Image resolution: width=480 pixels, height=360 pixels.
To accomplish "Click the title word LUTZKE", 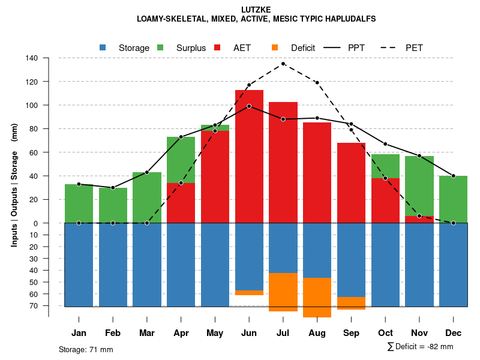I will tap(257, 10).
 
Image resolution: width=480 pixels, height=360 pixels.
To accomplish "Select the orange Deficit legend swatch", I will tap(275, 47).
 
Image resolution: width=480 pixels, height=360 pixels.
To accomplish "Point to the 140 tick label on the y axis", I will tap(32, 58).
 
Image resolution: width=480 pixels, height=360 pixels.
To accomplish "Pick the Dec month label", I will tap(454, 333).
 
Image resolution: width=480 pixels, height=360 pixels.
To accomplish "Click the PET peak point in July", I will tap(283, 64).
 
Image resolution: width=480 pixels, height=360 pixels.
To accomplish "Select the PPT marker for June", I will tap(249, 106).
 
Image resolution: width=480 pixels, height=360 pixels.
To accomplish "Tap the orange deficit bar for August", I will tap(317, 298).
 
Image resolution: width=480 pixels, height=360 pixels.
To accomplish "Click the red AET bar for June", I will tap(249, 156).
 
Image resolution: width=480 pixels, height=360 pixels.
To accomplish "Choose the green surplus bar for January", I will tap(79, 203).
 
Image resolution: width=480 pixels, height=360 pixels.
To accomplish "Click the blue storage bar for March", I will tap(147, 264).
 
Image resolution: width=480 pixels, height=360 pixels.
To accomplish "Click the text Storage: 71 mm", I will tap(86, 349).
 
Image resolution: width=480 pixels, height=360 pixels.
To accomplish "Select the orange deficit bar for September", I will tap(351, 303).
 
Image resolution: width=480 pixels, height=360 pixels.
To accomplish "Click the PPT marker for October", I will tap(385, 144).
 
